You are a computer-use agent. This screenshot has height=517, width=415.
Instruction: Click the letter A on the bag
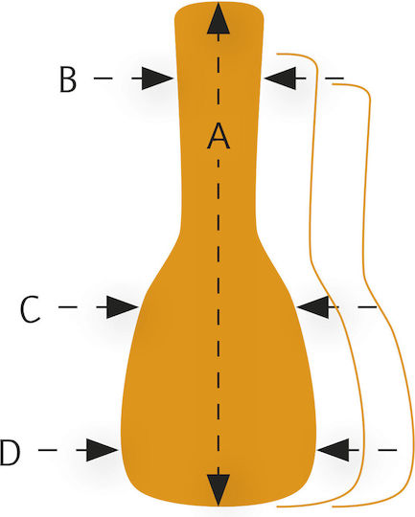coord(219,136)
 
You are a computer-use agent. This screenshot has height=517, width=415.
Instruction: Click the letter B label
coord(68,79)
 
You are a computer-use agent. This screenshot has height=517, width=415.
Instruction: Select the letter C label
coord(30,309)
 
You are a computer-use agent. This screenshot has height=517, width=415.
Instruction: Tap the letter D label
coord(10,452)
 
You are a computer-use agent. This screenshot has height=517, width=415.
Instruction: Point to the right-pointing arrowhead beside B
coord(157,79)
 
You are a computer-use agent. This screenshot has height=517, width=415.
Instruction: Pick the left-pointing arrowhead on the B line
coord(280,79)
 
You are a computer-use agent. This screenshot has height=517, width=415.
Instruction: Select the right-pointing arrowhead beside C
coord(122,307)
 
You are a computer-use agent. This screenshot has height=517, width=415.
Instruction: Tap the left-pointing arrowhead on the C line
coord(313,307)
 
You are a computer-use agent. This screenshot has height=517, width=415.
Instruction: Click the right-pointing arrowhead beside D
coord(102,450)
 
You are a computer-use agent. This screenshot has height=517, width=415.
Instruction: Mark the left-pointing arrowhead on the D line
coord(334,450)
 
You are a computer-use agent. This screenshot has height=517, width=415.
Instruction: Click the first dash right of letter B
coord(103,79)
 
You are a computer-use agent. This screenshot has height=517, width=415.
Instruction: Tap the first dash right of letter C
coord(68,307)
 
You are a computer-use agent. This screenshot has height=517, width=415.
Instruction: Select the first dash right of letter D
coord(48,450)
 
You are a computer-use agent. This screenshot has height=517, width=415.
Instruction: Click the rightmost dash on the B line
coord(334,79)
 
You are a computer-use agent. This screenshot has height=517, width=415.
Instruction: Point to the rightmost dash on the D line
coord(387,450)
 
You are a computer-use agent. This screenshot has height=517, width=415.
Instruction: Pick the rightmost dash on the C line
coord(367,307)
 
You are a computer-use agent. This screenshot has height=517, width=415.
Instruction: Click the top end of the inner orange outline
coord(277,54)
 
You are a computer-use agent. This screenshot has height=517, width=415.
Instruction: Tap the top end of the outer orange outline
coord(333,84)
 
